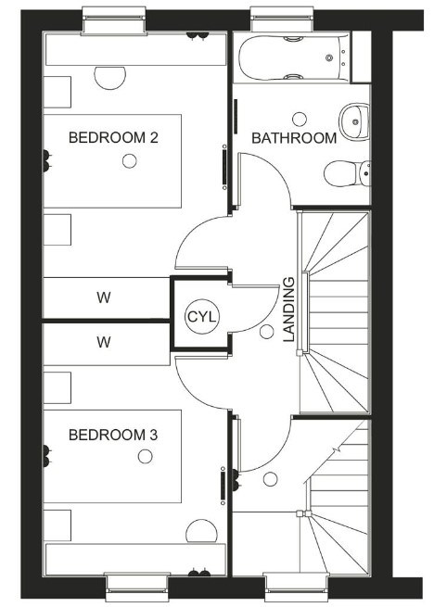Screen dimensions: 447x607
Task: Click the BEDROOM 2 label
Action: [x=113, y=138]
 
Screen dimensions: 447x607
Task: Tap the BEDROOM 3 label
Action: [x=113, y=436]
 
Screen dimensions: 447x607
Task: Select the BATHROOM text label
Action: [x=294, y=138]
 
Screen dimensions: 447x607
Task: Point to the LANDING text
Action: [x=289, y=310]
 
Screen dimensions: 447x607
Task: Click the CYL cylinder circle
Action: [x=202, y=317]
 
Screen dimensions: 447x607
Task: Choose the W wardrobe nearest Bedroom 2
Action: [x=104, y=297]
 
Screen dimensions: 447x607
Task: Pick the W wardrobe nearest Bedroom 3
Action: [x=104, y=342]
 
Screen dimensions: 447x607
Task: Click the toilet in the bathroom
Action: [x=348, y=173]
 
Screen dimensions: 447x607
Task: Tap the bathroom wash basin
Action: [x=354, y=121]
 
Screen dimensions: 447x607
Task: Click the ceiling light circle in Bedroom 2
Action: [x=130, y=161]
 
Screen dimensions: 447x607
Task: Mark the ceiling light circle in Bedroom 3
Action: [x=146, y=457]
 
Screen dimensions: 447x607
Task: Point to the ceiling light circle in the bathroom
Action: [x=300, y=120]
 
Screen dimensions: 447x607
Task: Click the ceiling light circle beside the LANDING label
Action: [x=267, y=332]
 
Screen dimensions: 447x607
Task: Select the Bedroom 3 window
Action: [x=137, y=588]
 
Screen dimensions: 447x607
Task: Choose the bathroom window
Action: [x=282, y=19]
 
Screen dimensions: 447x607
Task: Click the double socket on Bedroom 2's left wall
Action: [x=46, y=161]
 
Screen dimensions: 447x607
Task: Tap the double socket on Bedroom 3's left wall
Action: [x=46, y=456]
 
